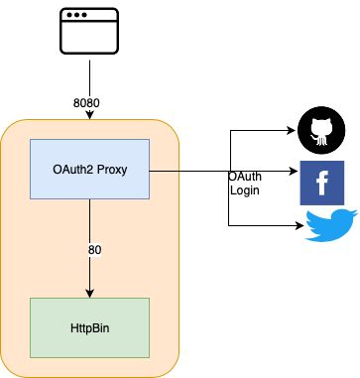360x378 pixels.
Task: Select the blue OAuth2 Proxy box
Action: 90,170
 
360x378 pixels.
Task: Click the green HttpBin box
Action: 90,327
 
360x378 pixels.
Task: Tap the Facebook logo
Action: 321,182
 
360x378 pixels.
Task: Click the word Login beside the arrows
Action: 246,189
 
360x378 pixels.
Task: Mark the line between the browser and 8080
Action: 90,74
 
